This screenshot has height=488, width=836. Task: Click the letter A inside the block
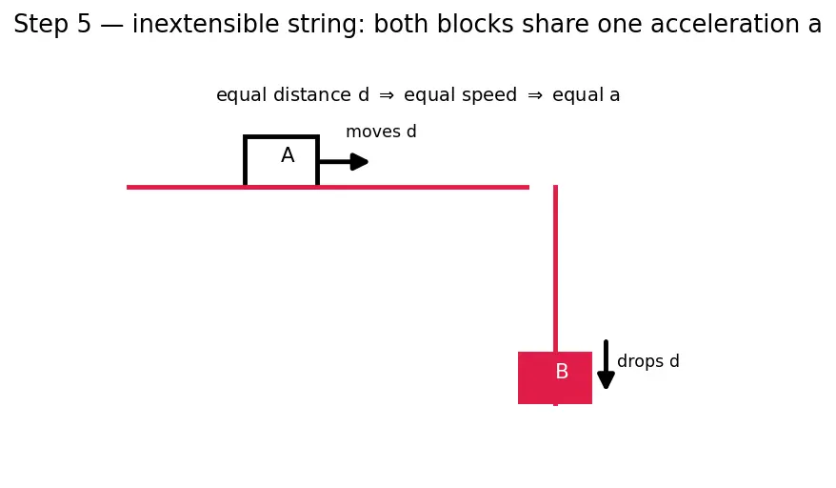[288, 155]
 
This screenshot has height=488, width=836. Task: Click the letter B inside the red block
[562, 371]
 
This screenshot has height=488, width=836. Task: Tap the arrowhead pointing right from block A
[360, 162]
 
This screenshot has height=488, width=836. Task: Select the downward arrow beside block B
[606, 364]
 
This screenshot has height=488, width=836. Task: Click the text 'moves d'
[381, 132]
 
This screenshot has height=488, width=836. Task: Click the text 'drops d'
[647, 361]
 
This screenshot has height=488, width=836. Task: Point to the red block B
[555, 378]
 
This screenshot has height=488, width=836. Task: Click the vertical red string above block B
[555, 269]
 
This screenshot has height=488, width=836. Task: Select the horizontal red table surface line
[328, 188]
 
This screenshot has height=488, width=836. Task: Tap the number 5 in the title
[84, 24]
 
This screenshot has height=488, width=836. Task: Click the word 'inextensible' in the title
[206, 24]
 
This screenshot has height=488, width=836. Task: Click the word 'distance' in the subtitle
[312, 94]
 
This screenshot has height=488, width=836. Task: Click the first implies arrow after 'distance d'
[387, 95]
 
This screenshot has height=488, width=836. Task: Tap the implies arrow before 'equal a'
[535, 95]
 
